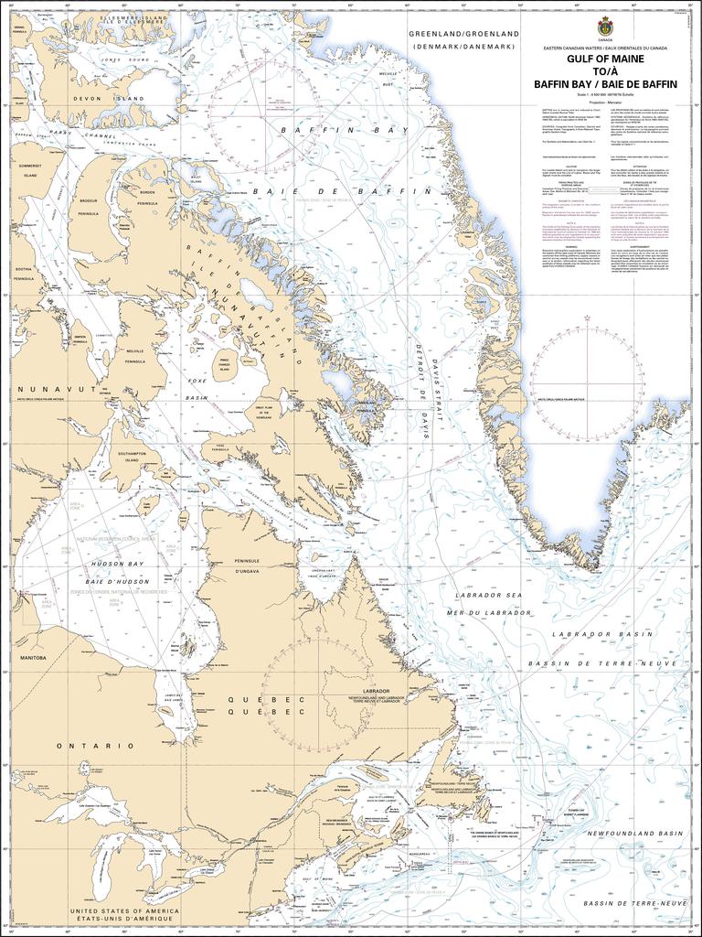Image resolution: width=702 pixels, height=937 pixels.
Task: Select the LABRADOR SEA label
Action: [494, 594]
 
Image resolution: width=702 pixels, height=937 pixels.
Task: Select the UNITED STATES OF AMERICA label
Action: [124, 912]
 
